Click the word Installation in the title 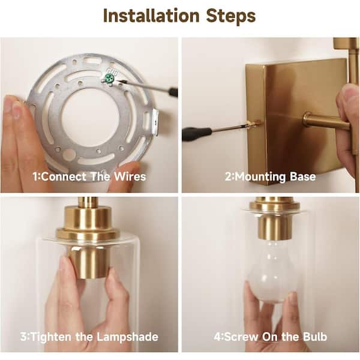pyautogui.click(x=151, y=16)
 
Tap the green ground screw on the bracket pyautogui.click(x=109, y=79)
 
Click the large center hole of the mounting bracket pyautogui.click(x=91, y=116)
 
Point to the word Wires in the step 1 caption pyautogui.click(x=130, y=177)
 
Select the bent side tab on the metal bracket pyautogui.click(x=155, y=122)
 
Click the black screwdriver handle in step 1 pyautogui.click(x=173, y=92)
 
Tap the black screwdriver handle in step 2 pyautogui.click(x=197, y=134)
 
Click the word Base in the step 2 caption pyautogui.click(x=302, y=176)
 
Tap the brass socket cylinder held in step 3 pyautogui.click(x=88, y=262)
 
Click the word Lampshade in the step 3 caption pyautogui.click(x=127, y=337)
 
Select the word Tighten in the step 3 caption pyautogui.click(x=51, y=337)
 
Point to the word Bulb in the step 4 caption pyautogui.click(x=315, y=337)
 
